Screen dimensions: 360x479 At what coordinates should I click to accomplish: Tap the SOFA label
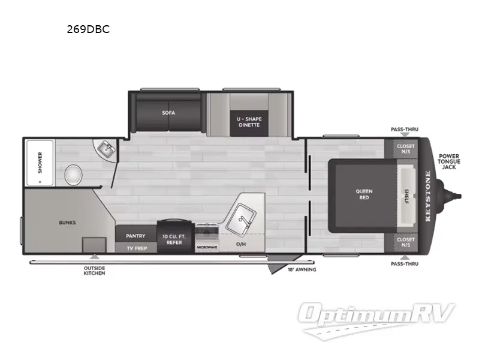click(x=168, y=112)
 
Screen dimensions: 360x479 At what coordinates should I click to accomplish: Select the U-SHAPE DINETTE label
click(x=249, y=122)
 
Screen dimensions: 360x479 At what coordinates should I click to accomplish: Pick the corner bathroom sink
click(x=107, y=148)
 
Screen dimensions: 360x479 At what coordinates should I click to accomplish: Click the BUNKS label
click(x=67, y=222)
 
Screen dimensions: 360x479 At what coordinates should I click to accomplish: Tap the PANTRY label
click(x=135, y=236)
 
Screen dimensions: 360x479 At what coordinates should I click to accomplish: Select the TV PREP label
click(x=135, y=247)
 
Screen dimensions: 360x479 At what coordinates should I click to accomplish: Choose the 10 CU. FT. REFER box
click(x=174, y=239)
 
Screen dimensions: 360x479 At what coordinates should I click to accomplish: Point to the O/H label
click(x=241, y=244)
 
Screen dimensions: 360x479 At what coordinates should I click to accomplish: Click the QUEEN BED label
click(x=364, y=194)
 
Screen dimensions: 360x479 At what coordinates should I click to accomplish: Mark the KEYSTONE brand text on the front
click(x=428, y=196)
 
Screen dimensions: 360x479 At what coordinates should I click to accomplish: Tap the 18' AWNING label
click(x=302, y=269)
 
